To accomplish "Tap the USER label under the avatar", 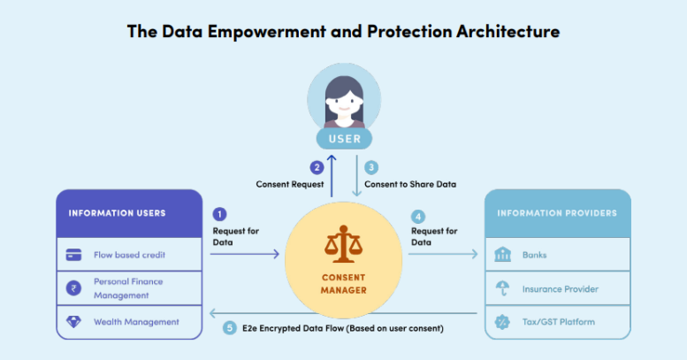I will pos(343,139).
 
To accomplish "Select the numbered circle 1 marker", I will pos(220,213).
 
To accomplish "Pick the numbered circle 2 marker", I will pos(317,166).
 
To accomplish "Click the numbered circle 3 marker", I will pos(371,166).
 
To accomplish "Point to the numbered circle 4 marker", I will pos(418,213).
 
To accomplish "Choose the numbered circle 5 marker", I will pos(231,328).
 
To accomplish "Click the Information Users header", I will pos(117,213).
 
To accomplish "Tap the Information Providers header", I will pos(557,213).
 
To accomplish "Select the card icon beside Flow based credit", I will pos(74,255).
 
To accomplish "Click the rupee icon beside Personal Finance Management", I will pos(74,288).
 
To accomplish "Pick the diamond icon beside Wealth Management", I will pos(74,322).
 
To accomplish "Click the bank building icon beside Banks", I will pos(503,255).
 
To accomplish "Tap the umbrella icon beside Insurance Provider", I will pos(503,288).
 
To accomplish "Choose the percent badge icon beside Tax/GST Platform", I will pos(503,322).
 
